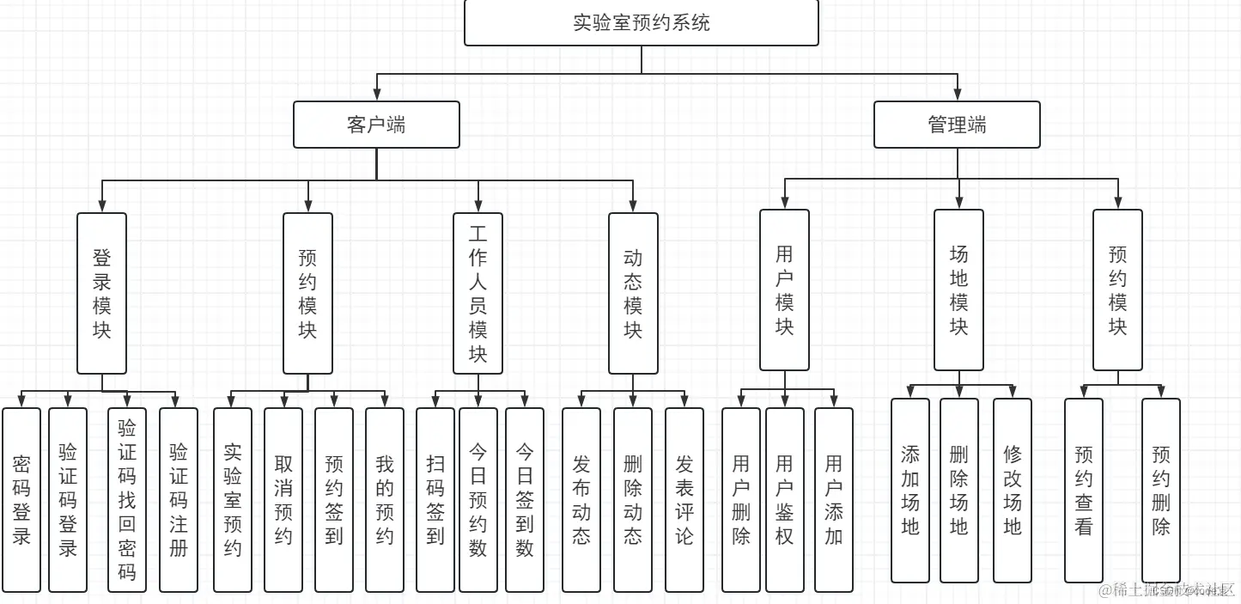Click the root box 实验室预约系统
tap(641, 23)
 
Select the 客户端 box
tap(376, 125)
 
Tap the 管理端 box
tap(957, 125)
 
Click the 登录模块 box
tap(101, 293)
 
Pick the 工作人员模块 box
tap(478, 293)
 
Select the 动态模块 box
tap(633, 293)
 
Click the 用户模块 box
tap(784, 290)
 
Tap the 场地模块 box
tap(958, 290)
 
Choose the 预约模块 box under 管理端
tap(1117, 290)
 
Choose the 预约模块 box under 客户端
tap(307, 293)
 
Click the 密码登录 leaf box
tap(21, 499)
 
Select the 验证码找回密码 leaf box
tap(127, 499)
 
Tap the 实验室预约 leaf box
tap(233, 499)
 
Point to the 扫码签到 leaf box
tap(435, 499)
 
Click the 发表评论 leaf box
tap(684, 499)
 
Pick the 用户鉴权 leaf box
tap(784, 499)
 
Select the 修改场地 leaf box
tap(1013, 490)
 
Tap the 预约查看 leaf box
tap(1084, 490)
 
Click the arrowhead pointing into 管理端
tap(957, 95)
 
